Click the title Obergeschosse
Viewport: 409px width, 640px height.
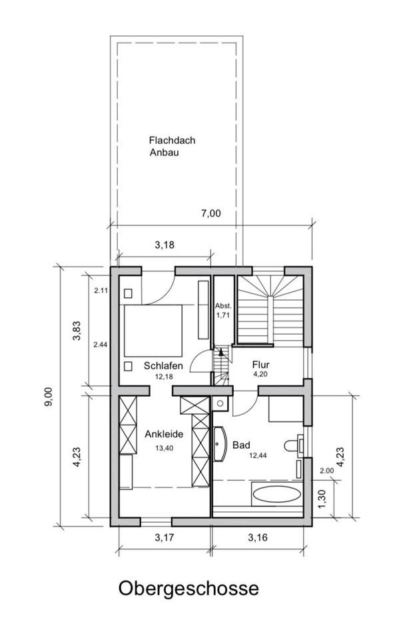[189, 589]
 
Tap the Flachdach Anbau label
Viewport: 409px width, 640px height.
[172, 146]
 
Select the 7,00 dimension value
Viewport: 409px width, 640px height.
[210, 213]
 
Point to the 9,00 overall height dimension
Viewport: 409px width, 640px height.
[48, 396]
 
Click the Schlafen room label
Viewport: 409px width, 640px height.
[163, 366]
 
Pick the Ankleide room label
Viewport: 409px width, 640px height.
[164, 434]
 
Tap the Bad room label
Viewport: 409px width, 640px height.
[241, 445]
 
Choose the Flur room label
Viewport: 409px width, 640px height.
[260, 364]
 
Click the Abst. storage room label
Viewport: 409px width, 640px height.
[223, 305]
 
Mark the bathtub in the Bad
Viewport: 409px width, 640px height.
[277, 494]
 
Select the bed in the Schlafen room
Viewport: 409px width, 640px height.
[153, 331]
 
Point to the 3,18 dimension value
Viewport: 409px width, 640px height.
[165, 245]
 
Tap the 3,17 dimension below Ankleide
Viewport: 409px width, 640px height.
[165, 537]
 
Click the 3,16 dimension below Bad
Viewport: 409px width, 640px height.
[258, 537]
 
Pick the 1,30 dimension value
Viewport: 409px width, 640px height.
[322, 499]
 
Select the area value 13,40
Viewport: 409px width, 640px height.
[165, 448]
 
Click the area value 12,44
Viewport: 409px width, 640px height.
[258, 456]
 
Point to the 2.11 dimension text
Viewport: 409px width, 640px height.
[101, 291]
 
